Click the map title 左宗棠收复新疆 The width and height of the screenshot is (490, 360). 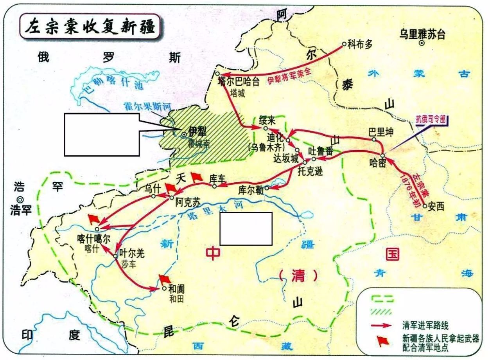[x=90, y=27]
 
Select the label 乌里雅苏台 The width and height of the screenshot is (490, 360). [x=422, y=34]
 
